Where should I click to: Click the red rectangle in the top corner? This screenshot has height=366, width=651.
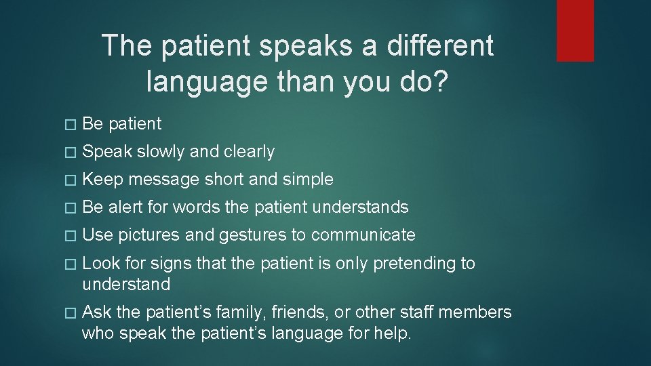575,30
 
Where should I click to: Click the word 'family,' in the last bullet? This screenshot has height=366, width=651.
245,312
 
